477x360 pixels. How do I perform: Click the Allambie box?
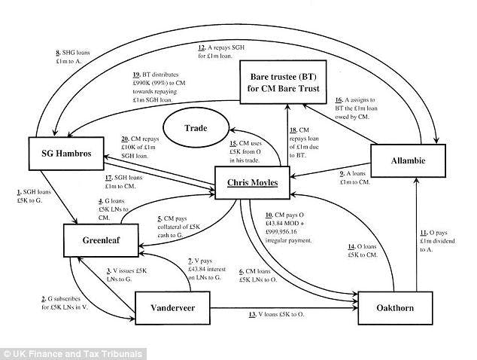pyautogui.click(x=409, y=162)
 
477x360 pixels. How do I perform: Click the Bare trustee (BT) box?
pyautogui.click(x=284, y=83)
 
